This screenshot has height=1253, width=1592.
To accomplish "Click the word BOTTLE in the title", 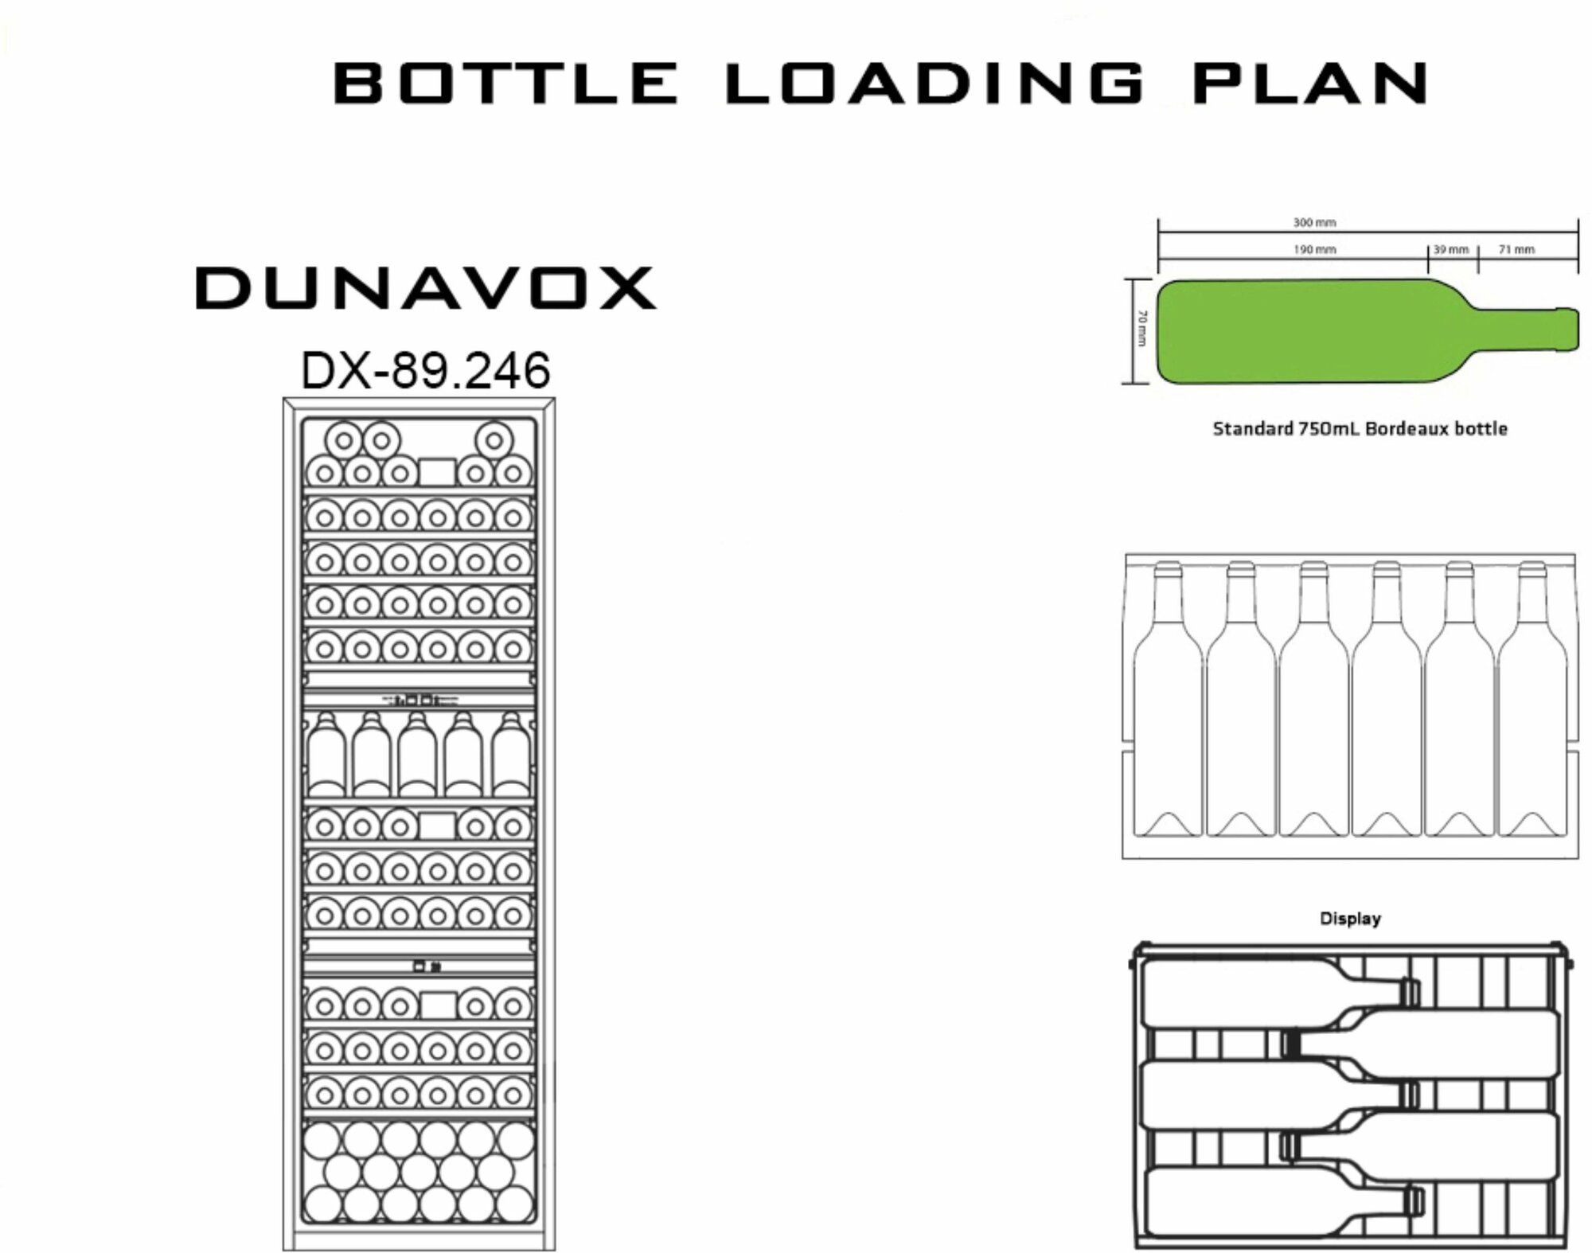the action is [x=505, y=84].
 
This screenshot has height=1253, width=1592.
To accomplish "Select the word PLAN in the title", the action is [x=1309, y=84].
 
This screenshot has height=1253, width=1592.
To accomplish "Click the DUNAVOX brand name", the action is [x=426, y=288].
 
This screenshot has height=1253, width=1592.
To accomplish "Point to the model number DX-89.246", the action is [x=426, y=371].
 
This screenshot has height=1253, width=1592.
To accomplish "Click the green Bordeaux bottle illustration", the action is [x=1305, y=330].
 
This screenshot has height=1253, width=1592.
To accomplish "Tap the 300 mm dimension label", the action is [x=1314, y=223].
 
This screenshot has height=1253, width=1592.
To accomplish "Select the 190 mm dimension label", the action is [x=1314, y=250].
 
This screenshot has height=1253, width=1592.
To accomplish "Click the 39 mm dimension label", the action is [x=1451, y=250].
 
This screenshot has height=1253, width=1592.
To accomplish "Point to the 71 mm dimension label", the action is [x=1516, y=250].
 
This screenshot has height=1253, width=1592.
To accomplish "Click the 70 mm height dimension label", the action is [x=1141, y=329].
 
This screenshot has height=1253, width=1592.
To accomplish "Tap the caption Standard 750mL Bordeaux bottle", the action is [x=1360, y=429].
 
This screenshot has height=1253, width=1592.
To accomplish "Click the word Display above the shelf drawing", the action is [x=1350, y=919].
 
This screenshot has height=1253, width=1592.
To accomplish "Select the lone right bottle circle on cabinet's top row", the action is [x=494, y=440].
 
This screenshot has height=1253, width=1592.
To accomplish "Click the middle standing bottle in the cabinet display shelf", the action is [x=418, y=756].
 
